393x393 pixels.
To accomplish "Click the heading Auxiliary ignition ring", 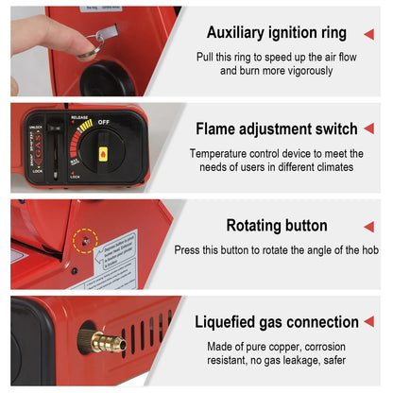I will (277, 33).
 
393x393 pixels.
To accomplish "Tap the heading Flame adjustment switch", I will (277, 128).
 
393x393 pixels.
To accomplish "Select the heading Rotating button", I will (277, 226).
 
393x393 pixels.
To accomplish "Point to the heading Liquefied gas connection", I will (277, 322).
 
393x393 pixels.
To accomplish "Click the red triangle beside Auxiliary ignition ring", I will (368, 34).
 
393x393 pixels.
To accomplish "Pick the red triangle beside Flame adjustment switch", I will (368, 129).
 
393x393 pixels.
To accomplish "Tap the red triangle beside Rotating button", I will (368, 227).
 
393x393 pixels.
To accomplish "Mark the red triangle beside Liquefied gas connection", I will (368, 323).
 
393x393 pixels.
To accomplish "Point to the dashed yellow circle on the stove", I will (86, 240).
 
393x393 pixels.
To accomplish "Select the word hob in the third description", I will (368, 249).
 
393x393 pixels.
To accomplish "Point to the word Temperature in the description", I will (218, 153).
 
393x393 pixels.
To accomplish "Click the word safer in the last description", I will (332, 360).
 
